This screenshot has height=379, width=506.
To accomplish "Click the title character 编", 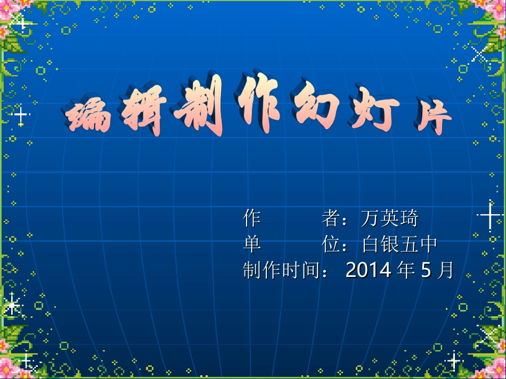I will click(88, 116).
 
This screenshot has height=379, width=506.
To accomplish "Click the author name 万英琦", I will click(389, 218).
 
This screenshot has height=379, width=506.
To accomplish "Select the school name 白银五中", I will click(399, 244).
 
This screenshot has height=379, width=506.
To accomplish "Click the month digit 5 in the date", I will click(426, 271).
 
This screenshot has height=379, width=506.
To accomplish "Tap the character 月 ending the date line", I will click(444, 271).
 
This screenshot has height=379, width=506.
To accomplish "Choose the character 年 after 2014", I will click(406, 271).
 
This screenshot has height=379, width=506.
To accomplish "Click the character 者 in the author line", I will click(331, 218).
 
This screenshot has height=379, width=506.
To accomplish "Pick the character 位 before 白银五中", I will click(331, 244).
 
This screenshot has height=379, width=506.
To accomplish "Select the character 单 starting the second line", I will click(252, 244).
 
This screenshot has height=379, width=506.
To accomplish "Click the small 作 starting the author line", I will click(252, 218).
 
